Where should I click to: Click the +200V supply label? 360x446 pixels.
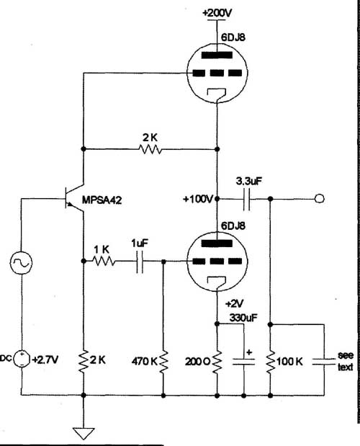point(217,13)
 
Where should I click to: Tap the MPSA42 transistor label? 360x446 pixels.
point(102,200)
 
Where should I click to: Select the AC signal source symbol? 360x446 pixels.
point(21,262)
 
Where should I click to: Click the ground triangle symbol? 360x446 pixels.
point(84,434)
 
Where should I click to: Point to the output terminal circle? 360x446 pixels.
point(320,198)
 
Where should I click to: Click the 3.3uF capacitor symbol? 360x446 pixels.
point(247,199)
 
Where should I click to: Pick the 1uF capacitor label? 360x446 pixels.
point(140,244)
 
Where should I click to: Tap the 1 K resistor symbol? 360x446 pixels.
point(104,261)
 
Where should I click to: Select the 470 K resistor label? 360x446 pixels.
point(144,361)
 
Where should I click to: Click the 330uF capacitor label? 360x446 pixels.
point(243,318)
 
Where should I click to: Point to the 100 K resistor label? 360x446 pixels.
point(289,361)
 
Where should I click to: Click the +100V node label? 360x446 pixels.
point(198,199)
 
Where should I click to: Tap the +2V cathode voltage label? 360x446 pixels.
point(234,304)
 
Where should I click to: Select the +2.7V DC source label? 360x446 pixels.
point(45,360)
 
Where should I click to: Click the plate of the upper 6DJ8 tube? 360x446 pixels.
point(217,55)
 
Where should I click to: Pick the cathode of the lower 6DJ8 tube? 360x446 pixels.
point(217,282)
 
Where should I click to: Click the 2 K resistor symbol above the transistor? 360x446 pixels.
point(150,149)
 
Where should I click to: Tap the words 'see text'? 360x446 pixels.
point(346,361)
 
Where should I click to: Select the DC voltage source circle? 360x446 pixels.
point(22,359)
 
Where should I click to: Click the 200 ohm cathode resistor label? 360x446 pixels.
point(198,362)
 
